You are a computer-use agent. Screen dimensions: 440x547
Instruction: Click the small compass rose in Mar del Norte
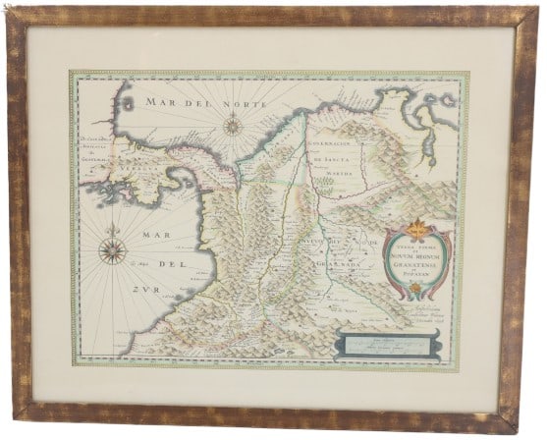pyautogui.click(x=233, y=125)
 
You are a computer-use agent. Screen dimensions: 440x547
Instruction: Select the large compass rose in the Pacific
pyautogui.click(x=112, y=250)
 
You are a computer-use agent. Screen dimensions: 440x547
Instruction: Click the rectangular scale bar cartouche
pyautogui.click(x=383, y=343)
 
